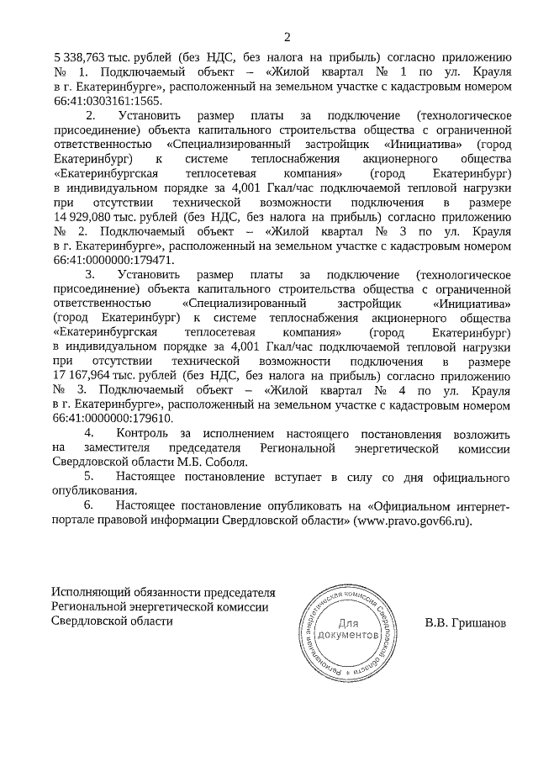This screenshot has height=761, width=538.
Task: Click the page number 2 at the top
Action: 287,36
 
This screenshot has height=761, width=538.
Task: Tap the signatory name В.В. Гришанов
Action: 467,624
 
